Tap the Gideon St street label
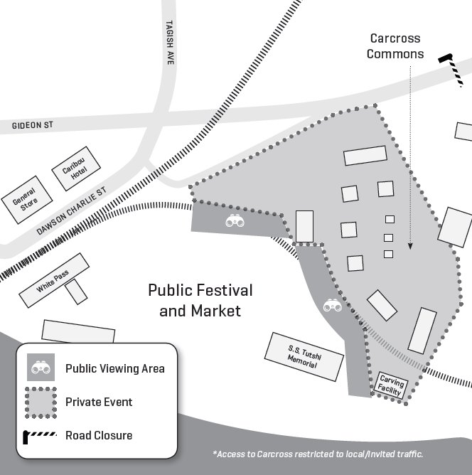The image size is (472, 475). [x=33, y=125]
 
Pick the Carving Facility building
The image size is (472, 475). [x=392, y=386]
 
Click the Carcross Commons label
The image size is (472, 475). [x=395, y=46]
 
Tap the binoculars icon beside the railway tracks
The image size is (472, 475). [x=235, y=221]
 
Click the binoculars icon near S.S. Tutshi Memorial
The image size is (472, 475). [x=333, y=306]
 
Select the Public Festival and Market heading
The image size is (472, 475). [x=200, y=301]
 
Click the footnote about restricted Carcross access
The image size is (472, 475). [x=318, y=454]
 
